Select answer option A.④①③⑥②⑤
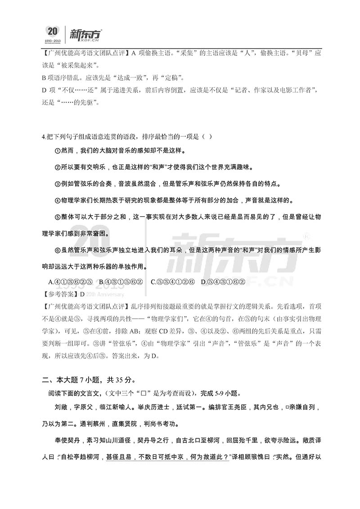point(70,282)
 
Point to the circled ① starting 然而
point(57,150)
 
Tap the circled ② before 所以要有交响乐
point(57,167)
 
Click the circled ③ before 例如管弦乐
point(57,184)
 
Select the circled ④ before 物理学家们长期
point(57,201)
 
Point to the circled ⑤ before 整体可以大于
point(57,217)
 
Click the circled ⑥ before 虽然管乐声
point(57,250)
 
